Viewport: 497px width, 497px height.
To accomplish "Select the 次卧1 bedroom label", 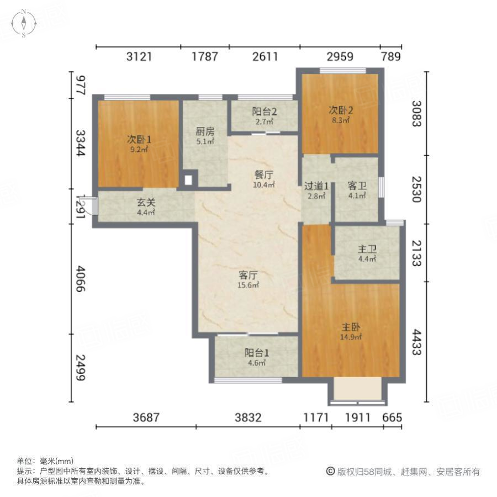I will [139, 140].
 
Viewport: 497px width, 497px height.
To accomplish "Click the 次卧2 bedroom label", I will [340, 110].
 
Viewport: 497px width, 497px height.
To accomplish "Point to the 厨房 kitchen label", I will [205, 132].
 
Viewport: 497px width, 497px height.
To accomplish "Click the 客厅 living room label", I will [248, 274].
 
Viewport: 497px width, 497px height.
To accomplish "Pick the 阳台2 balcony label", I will [265, 110].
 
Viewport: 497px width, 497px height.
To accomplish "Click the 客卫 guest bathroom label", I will [357, 185].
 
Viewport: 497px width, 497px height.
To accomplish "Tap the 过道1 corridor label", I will [316, 186].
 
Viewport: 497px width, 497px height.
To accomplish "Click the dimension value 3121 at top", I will [139, 56].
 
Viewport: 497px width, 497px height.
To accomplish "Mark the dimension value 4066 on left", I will [81, 279].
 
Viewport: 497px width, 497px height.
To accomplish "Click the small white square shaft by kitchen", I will [188, 180].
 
